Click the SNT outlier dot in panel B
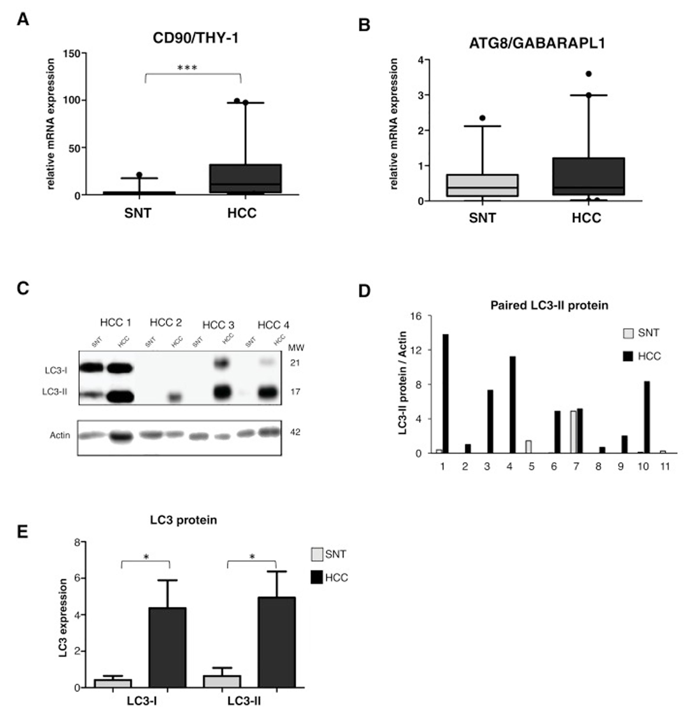coord(482,118)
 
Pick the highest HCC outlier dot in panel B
coord(588,74)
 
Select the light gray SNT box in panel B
coord(482,185)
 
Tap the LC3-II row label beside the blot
coord(55,392)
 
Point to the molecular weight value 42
coord(295,432)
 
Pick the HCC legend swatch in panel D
coord(628,356)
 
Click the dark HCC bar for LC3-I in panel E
coord(167,647)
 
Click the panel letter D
coord(364,291)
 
